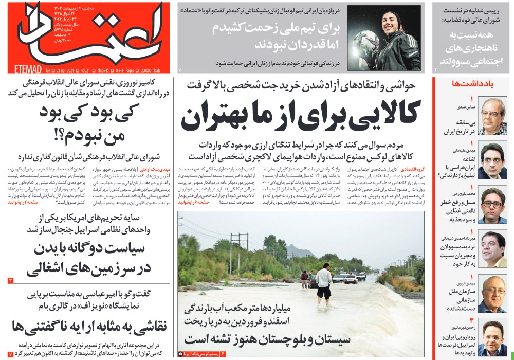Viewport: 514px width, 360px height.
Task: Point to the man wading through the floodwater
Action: click(x=324, y=281)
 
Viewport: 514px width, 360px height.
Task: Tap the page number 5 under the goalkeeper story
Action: click(x=180, y=69)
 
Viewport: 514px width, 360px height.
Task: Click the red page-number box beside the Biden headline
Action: click(x=11, y=280)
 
